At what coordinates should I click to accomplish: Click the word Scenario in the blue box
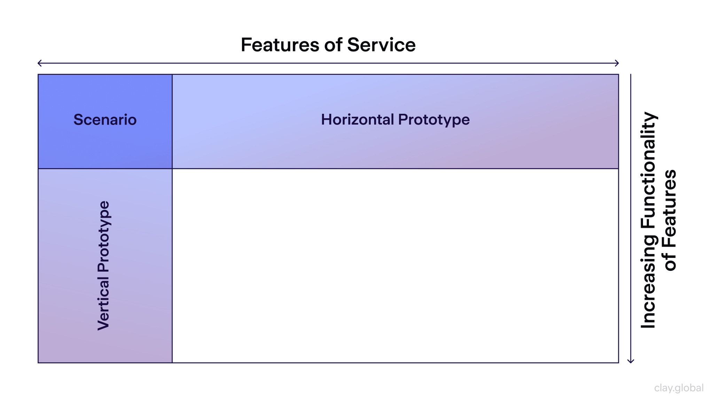click(105, 120)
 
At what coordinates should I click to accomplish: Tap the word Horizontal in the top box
click(357, 119)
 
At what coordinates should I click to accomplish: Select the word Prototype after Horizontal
click(434, 120)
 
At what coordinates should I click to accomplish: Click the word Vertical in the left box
click(103, 303)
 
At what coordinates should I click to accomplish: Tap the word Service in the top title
click(381, 45)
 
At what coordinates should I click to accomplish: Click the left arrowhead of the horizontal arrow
click(39, 63)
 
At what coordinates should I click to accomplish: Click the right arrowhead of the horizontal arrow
click(617, 63)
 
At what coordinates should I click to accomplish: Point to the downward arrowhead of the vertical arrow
click(630, 361)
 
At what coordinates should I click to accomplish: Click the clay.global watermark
click(679, 388)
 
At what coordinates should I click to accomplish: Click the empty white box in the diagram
click(395, 266)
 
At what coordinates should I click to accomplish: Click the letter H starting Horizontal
click(326, 119)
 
